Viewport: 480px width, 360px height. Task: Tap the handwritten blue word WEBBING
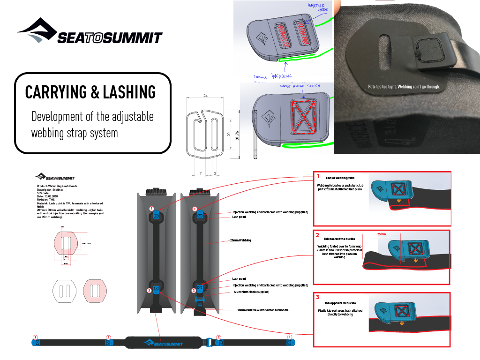(x=282, y=76)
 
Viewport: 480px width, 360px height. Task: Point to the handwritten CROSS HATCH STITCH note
(x=300, y=86)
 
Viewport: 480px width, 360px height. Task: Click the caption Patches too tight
(x=404, y=87)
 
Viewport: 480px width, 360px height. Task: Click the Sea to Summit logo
(x=163, y=343)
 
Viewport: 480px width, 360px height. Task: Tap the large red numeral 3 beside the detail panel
(x=318, y=297)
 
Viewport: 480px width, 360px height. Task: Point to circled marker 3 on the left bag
(x=149, y=291)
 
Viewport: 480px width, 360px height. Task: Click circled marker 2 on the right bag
(x=193, y=291)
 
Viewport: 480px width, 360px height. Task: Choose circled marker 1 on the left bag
(x=151, y=208)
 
